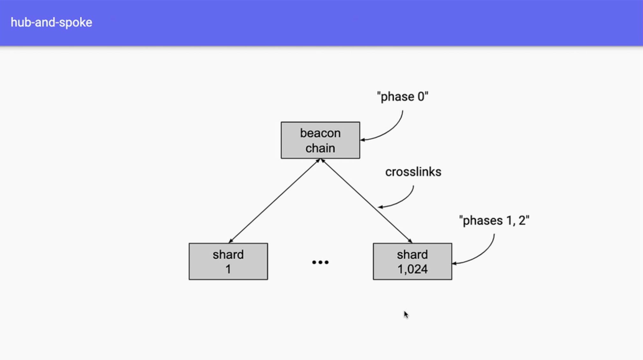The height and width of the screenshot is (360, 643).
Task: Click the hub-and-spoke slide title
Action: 51,22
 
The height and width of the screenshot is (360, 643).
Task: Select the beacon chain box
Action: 320,140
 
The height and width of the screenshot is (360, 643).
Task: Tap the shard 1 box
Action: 228,262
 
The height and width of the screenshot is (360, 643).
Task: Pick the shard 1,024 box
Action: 412,262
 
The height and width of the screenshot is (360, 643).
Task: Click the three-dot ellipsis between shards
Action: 320,262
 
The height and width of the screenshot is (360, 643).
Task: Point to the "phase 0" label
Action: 402,97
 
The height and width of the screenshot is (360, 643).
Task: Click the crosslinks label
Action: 413,172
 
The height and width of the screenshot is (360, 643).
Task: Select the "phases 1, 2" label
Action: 494,220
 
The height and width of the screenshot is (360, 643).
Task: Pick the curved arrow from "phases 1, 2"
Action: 481,255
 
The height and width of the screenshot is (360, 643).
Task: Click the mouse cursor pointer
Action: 406,314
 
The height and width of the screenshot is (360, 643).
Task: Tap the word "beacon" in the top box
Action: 320,133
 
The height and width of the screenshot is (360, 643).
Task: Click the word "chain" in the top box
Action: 320,148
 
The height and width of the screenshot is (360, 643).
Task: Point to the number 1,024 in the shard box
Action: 412,269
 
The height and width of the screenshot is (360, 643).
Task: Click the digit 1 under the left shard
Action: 228,269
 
